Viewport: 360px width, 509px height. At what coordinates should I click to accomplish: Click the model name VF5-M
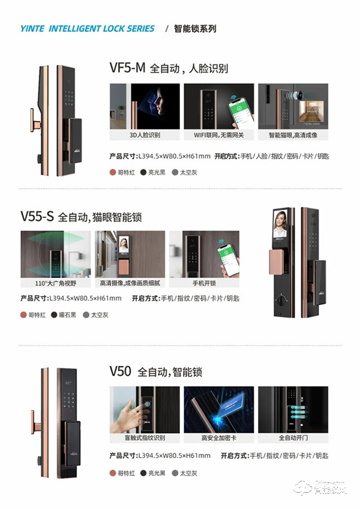click(127, 68)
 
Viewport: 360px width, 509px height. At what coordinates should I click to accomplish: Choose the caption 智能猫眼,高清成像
click(293, 134)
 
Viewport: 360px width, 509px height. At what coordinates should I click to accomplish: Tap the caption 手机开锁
click(203, 282)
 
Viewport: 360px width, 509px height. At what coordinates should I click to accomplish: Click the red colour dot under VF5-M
click(112, 172)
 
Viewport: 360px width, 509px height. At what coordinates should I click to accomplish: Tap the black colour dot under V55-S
click(55, 315)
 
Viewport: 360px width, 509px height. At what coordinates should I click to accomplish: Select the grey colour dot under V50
click(175, 473)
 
